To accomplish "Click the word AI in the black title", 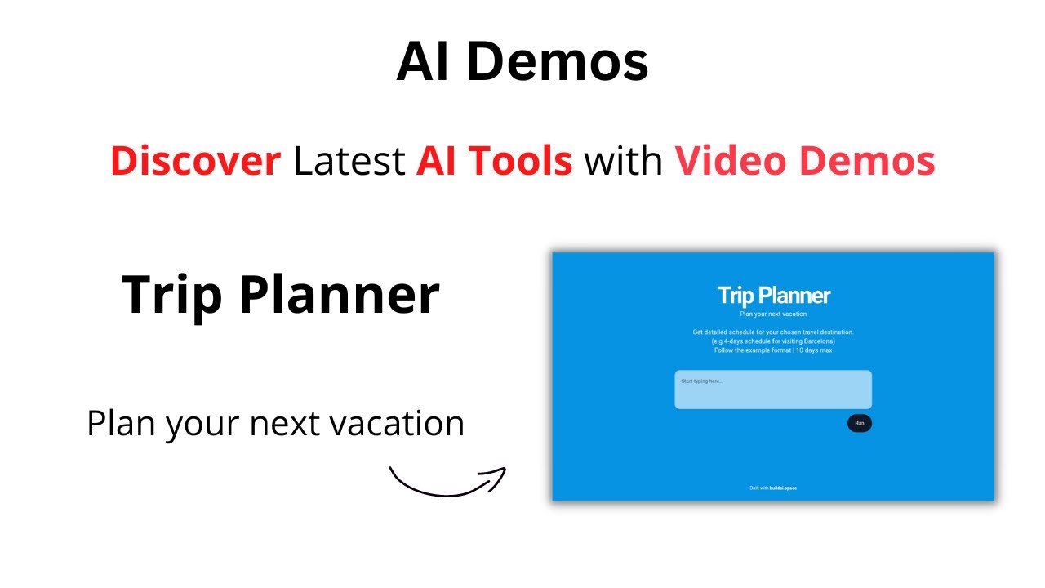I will point(424,62).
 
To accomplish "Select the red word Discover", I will point(196,161).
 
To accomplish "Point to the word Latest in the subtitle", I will point(349,161).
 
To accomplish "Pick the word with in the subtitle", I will point(623,161).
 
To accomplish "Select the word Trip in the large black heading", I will point(172,295).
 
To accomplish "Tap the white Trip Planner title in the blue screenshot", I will point(773,295).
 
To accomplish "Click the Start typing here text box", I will point(772,390).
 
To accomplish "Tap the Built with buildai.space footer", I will point(772,488).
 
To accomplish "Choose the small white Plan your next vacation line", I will point(772,314).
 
